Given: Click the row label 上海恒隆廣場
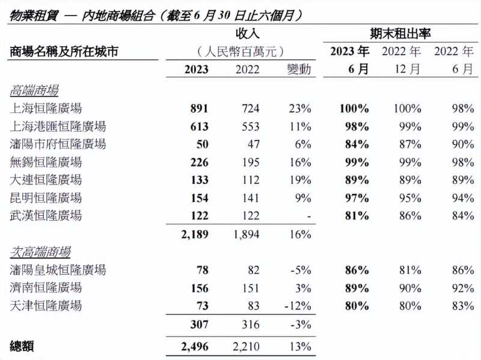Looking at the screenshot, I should coord(46,108).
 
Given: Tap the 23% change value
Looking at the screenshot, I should coord(299,109).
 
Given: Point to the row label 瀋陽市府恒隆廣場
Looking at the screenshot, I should coord(58,144).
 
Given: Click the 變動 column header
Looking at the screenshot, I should coord(299,69).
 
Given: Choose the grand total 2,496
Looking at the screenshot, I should coord(194,346).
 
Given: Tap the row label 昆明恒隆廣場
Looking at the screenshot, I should coord(46,198).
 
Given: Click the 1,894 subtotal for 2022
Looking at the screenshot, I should coord(246,233).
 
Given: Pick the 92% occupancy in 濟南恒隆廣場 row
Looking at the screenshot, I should coord(462,287).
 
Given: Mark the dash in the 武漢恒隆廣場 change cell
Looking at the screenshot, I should coord(308,216).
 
